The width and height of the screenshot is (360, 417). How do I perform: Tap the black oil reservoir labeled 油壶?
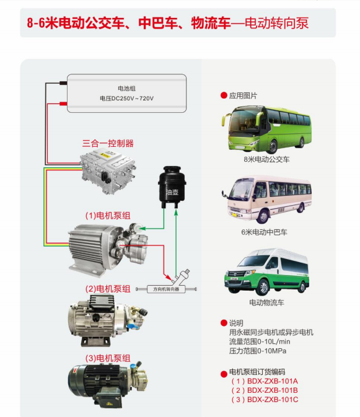click(x=172, y=187)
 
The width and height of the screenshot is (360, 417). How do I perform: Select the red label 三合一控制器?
click(x=108, y=144)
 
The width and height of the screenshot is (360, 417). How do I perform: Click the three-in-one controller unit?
click(x=108, y=171)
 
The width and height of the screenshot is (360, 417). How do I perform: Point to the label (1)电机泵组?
click(x=108, y=216)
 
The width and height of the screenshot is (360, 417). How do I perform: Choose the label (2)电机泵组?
click(x=108, y=289)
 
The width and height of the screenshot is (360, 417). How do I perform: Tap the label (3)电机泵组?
click(x=108, y=358)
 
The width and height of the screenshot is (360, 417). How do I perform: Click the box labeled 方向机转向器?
click(x=166, y=289)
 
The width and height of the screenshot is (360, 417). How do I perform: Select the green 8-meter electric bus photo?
click(x=266, y=129)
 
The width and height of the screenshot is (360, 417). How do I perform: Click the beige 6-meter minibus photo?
click(x=266, y=199)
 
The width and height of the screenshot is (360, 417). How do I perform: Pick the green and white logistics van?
click(x=266, y=272)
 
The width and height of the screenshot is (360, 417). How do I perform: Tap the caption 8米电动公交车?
click(x=266, y=159)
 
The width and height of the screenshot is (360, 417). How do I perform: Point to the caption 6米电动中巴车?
click(x=265, y=232)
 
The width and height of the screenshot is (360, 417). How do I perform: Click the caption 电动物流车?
click(x=266, y=302)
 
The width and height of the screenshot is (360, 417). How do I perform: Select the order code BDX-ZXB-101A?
click(x=273, y=381)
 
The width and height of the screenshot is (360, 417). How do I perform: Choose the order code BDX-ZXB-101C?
click(x=273, y=400)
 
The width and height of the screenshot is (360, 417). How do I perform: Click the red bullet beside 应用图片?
click(x=224, y=95)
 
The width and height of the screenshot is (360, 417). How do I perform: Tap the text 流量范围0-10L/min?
click(x=260, y=341)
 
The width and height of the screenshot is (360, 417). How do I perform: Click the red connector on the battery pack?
click(x=63, y=103)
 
